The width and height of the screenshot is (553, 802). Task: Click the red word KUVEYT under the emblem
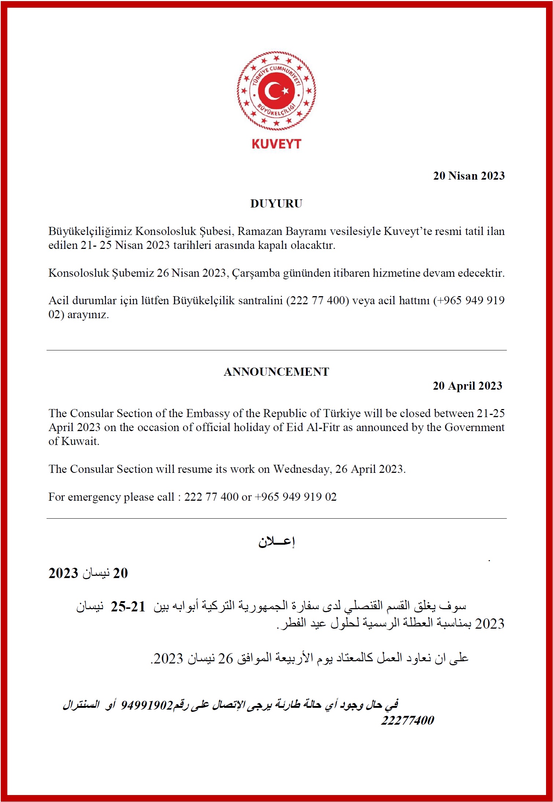tap(276, 144)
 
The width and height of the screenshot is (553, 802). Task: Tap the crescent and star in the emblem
tap(276, 91)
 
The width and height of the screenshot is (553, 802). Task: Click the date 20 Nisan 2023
tap(469, 176)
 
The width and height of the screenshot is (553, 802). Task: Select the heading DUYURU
tap(276, 203)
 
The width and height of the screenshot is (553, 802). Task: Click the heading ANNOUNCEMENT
tap(276, 372)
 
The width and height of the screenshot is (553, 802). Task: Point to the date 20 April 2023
tap(467, 386)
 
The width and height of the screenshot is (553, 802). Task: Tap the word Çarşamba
tap(256, 273)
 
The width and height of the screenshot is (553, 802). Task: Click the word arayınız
tap(88, 314)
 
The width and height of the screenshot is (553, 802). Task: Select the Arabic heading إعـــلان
tap(276, 542)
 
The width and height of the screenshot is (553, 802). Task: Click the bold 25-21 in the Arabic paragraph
tap(128, 607)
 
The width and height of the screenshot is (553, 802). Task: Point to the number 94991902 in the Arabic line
tap(147, 704)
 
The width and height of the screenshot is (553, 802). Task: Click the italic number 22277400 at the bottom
tap(408, 721)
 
